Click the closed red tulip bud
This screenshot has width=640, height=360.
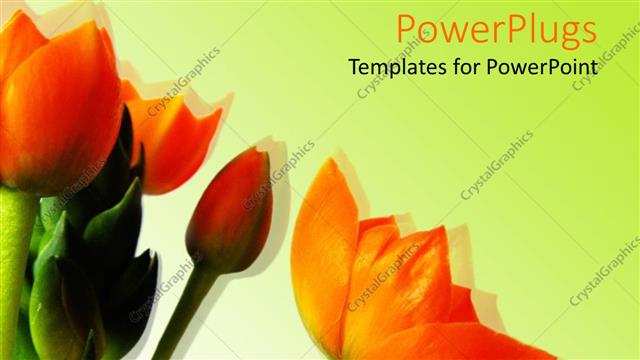(230, 210)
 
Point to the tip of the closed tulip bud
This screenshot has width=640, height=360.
(258, 152)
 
